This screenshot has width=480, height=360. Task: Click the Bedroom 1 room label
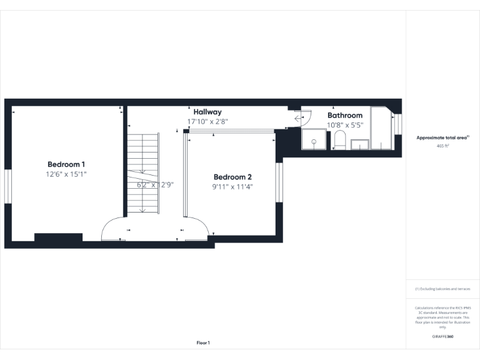coord(66,164)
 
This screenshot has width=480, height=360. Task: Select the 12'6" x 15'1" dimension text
coord(66,174)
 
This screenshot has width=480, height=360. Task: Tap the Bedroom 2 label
coord(232,177)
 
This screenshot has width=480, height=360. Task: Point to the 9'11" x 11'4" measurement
coord(232,186)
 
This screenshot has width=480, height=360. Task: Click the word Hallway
coord(207,112)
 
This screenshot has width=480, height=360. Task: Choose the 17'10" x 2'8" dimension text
coord(207,121)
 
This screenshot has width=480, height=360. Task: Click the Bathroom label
coord(345,116)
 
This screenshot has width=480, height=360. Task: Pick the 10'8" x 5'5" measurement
coord(345,125)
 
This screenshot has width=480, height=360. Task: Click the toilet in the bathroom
coord(340,140)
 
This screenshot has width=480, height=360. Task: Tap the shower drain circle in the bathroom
coord(314,142)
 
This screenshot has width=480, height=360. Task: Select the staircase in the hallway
coord(143,172)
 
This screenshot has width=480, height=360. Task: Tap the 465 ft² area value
coord(442,146)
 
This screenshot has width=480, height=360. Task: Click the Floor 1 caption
coord(203,342)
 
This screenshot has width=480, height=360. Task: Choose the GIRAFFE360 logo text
coord(442,337)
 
